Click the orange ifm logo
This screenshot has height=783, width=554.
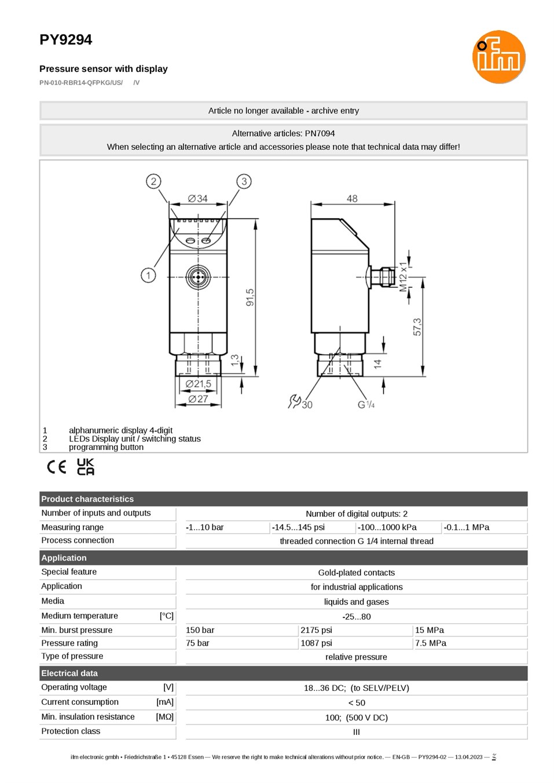tap(498, 57)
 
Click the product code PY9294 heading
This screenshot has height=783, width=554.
tap(65, 40)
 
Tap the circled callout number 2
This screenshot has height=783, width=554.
tap(153, 181)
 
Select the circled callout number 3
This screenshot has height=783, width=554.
tap(244, 181)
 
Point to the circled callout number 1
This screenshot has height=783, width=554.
tap(148, 275)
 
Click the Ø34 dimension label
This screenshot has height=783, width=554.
tap(198, 199)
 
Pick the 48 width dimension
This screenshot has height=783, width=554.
tap(352, 199)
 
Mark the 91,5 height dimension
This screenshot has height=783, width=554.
tap(250, 298)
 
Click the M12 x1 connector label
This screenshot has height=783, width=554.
tap(403, 277)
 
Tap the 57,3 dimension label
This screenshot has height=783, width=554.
tap(417, 327)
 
